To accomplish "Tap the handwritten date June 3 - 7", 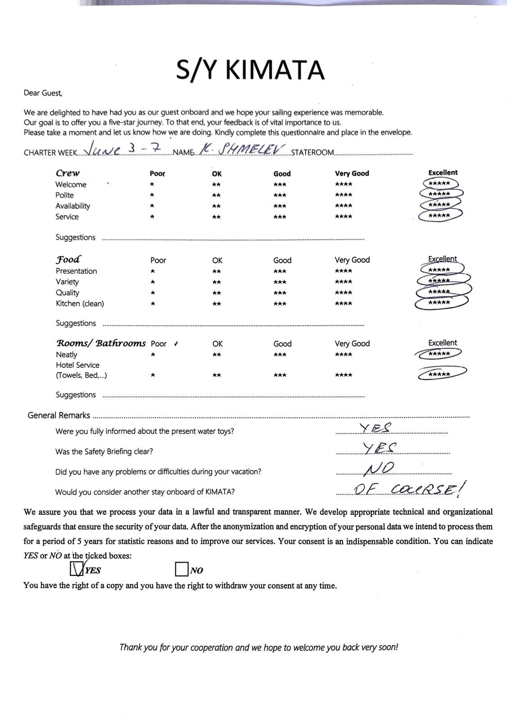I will pyautogui.click(x=123, y=149).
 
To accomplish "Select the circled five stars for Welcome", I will pyautogui.click(x=439, y=184).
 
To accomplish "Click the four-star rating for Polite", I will pyautogui.click(x=343, y=195).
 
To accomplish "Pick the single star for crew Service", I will pyautogui.click(x=152, y=217).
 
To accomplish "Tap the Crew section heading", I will pyautogui.click(x=68, y=173).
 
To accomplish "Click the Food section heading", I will pyautogui.click(x=69, y=259).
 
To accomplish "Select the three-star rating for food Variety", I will pyautogui.click(x=280, y=282).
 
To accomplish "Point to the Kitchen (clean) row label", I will pyautogui.click(x=80, y=303).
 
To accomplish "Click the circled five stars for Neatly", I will pyautogui.click(x=439, y=354).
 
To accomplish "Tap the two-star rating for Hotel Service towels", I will pyautogui.click(x=216, y=375).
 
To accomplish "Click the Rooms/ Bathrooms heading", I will pyautogui.click(x=100, y=343).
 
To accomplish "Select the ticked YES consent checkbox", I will pyautogui.click(x=77, y=570).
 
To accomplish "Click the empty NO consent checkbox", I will pyautogui.click(x=181, y=570).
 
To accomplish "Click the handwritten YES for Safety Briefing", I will pyautogui.click(x=379, y=447).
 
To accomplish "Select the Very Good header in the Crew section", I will pyautogui.click(x=352, y=173).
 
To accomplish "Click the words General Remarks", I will pyautogui.click(x=59, y=415).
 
